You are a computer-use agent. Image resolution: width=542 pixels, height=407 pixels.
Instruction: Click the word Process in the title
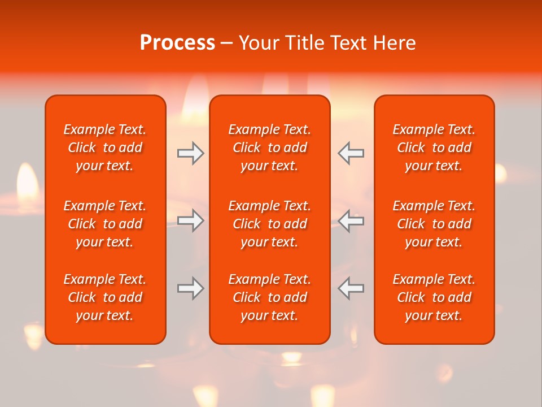point(177,43)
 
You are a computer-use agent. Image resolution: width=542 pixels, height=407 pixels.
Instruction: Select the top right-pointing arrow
point(191,153)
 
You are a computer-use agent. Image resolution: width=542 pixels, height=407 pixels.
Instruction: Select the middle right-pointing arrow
point(191,220)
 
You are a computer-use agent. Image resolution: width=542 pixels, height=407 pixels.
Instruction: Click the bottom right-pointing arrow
point(191,288)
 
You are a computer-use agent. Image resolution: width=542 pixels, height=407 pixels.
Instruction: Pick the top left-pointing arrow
point(351,153)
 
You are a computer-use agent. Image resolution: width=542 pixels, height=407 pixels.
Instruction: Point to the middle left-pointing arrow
point(351,220)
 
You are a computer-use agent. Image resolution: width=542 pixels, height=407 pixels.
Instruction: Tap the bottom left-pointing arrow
point(351,288)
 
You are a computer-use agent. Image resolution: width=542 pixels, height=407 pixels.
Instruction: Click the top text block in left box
point(105,148)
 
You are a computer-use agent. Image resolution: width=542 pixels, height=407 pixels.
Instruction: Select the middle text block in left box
point(105,224)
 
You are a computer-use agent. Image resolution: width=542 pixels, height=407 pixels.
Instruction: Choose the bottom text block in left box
point(105,297)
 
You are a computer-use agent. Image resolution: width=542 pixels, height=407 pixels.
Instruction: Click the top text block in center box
point(269,148)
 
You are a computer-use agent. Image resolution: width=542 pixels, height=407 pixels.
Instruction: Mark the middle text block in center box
point(269,224)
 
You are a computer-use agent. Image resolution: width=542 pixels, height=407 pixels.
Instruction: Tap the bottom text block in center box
point(269,297)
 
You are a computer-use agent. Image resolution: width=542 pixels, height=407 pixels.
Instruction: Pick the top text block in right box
point(434,148)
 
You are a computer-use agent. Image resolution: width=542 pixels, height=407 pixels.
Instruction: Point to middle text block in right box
point(434,224)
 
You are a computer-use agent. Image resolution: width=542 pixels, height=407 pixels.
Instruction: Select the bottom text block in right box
point(434,297)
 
